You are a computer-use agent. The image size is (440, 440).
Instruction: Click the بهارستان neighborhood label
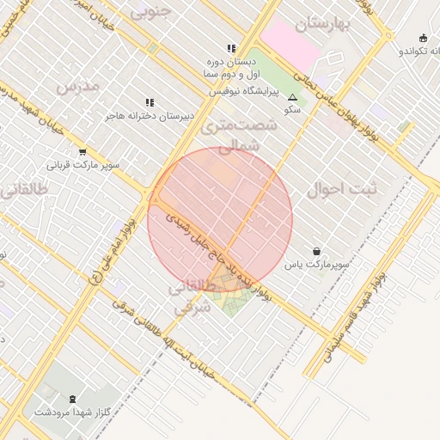322,23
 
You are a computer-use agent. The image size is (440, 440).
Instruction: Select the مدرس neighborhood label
78,86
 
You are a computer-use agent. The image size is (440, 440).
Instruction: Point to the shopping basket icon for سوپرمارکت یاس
318,251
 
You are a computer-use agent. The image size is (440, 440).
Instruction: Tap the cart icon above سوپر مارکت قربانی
82,151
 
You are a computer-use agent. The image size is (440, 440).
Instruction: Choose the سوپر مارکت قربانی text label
83,164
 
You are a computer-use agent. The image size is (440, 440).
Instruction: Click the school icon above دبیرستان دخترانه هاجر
150,102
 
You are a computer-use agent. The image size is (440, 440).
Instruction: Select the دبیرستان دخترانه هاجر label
150,114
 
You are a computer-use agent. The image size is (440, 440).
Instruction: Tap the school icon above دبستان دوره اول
230,49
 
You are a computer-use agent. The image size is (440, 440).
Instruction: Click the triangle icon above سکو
293,98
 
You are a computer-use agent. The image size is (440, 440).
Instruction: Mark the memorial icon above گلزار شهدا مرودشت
71,399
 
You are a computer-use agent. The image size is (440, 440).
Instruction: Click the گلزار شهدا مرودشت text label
72,412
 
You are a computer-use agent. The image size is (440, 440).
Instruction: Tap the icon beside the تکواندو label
423,38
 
